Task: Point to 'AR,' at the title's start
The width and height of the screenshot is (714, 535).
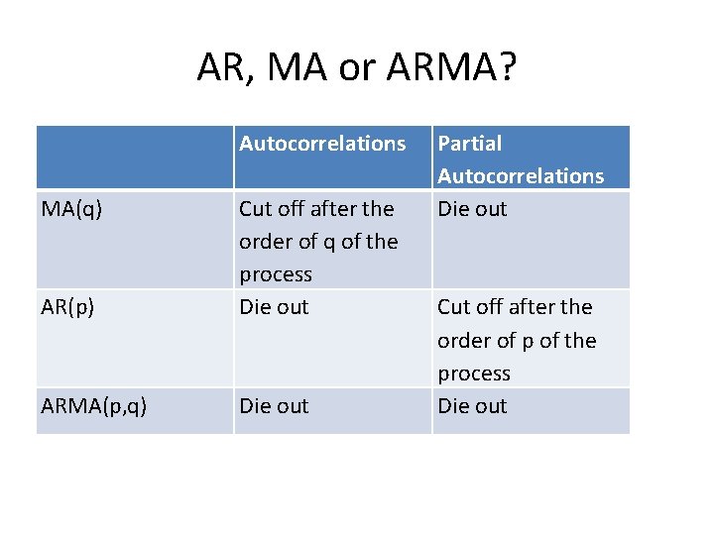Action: [x=223, y=67]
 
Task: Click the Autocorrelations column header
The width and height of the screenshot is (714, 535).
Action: [x=322, y=144]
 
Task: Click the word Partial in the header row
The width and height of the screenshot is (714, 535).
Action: [x=469, y=144]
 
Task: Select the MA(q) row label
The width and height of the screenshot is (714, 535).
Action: [x=70, y=209]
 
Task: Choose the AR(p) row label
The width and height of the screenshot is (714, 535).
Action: [x=68, y=307]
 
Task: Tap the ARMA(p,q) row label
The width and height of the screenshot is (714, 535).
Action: [x=94, y=406]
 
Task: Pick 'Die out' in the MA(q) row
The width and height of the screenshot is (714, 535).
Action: [x=472, y=209]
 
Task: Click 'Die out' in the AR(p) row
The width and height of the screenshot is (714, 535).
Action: [x=274, y=307]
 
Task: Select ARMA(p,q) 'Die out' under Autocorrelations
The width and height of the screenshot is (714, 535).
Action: [x=274, y=406]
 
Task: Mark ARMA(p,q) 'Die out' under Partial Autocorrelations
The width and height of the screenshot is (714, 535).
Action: [x=472, y=406]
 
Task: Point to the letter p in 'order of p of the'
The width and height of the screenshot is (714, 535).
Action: [x=524, y=342]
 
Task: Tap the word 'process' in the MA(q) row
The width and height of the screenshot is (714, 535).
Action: [x=276, y=274]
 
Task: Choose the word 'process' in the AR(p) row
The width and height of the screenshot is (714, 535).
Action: [x=474, y=374]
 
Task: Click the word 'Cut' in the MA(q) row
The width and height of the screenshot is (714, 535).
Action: [x=256, y=209]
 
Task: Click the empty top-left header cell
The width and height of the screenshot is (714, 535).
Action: [x=135, y=158]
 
